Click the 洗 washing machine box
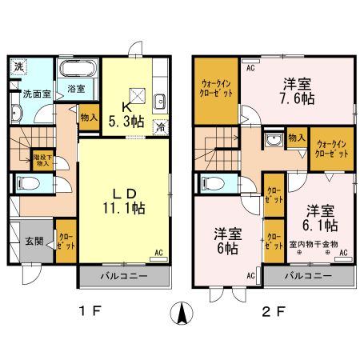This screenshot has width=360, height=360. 18,66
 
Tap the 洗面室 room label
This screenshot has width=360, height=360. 36,94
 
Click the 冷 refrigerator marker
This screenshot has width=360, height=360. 162,126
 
